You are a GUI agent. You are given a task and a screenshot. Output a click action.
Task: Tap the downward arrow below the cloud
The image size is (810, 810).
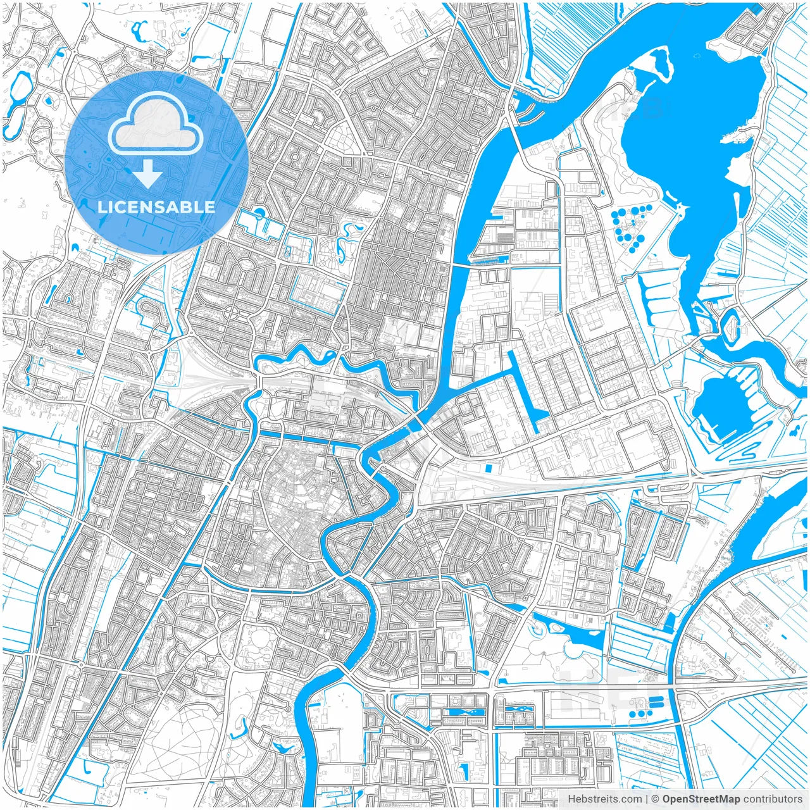[x=148, y=173]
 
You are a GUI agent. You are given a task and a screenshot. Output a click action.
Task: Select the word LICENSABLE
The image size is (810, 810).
[x=156, y=207]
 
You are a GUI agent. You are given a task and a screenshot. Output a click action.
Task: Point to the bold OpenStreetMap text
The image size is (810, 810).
[x=701, y=799]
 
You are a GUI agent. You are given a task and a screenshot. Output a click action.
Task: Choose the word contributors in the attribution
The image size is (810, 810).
[x=773, y=799]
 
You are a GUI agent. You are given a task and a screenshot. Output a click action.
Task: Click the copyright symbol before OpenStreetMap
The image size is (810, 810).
[x=656, y=799]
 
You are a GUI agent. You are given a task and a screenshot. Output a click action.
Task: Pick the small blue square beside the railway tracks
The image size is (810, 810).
[x=488, y=468]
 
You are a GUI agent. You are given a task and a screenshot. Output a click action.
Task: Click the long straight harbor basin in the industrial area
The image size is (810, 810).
[x=525, y=392]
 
